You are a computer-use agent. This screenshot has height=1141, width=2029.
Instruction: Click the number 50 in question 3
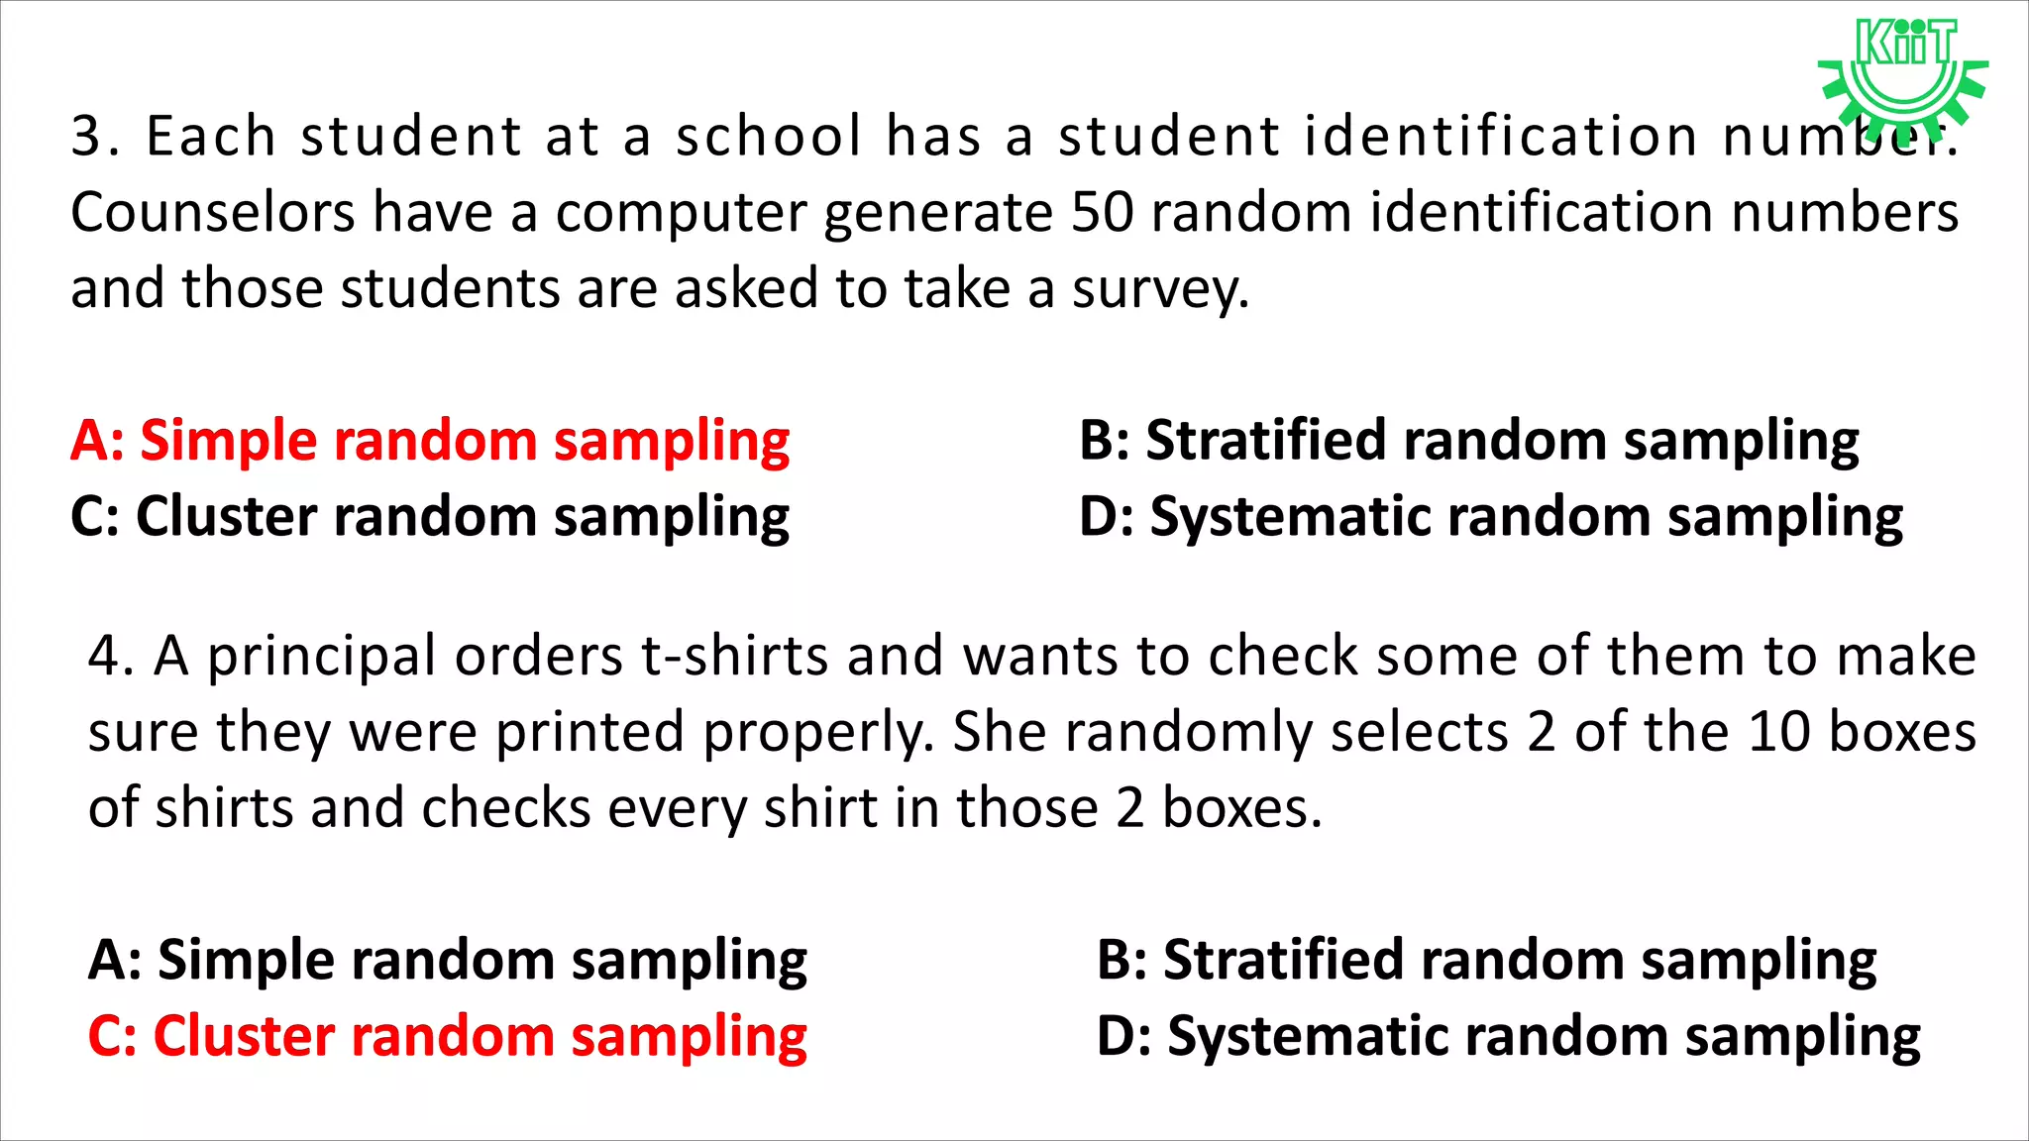1102,213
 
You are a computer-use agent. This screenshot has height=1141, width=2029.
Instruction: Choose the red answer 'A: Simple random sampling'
430,442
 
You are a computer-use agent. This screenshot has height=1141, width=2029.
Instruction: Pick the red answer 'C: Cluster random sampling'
447,1037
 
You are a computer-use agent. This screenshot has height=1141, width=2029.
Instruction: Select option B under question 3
1469,442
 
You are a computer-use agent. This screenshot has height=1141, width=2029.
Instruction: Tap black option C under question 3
430,517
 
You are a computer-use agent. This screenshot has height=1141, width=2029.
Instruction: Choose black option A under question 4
447,961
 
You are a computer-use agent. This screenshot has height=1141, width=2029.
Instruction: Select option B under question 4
1486,961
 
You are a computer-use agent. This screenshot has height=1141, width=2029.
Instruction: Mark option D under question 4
1508,1037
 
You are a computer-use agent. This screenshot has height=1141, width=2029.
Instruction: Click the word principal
321,658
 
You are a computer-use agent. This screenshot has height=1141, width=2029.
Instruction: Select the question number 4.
106,656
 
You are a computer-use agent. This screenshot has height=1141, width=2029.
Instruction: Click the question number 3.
89,136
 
